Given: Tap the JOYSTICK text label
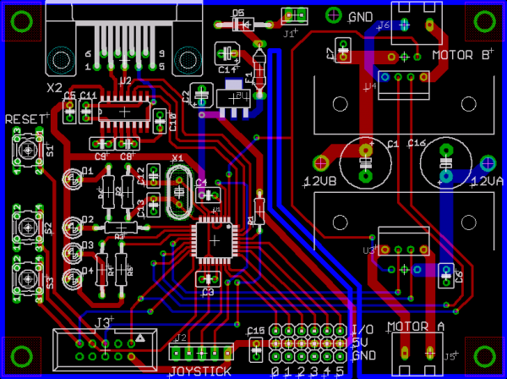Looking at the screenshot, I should coord(200,371).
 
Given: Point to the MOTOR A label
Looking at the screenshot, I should coord(416,327).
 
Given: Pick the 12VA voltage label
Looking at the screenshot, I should coord(486,181).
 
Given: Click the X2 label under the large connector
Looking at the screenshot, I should coord(55,87).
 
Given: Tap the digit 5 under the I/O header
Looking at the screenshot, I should coord(340,371).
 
